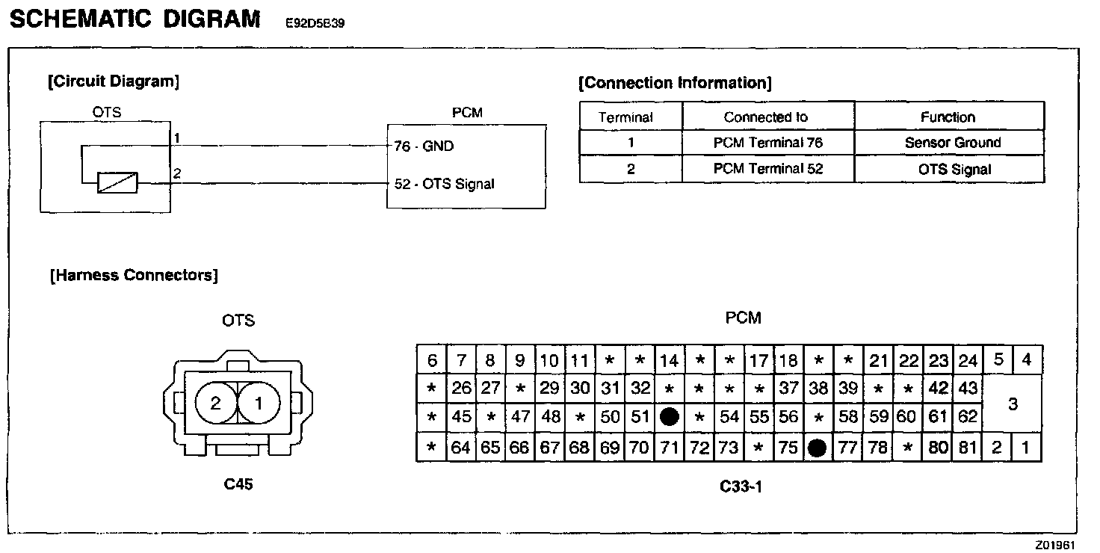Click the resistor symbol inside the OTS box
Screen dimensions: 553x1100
pos(117,182)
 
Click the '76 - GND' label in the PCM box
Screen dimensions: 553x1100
pos(424,146)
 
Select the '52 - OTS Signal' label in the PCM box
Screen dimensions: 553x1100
pos(445,184)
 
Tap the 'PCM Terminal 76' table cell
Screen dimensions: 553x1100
pos(767,142)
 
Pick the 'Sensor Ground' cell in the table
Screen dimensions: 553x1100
pos(949,142)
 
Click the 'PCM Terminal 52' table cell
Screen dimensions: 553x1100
pos(767,169)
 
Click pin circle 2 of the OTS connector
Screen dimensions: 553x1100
pos(216,404)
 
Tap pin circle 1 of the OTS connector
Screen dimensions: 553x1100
pos(259,404)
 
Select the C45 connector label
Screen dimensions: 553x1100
pos(238,484)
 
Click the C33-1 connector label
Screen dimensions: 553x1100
pos(741,486)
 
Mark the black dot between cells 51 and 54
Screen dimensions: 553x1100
pos(670,417)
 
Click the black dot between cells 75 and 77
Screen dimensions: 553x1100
pos(818,448)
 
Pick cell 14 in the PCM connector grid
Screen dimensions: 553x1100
pos(669,361)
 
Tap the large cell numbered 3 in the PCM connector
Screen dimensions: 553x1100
pos(1013,404)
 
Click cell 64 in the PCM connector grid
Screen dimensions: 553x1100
pos(461,448)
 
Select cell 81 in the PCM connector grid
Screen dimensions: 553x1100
pos(968,448)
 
